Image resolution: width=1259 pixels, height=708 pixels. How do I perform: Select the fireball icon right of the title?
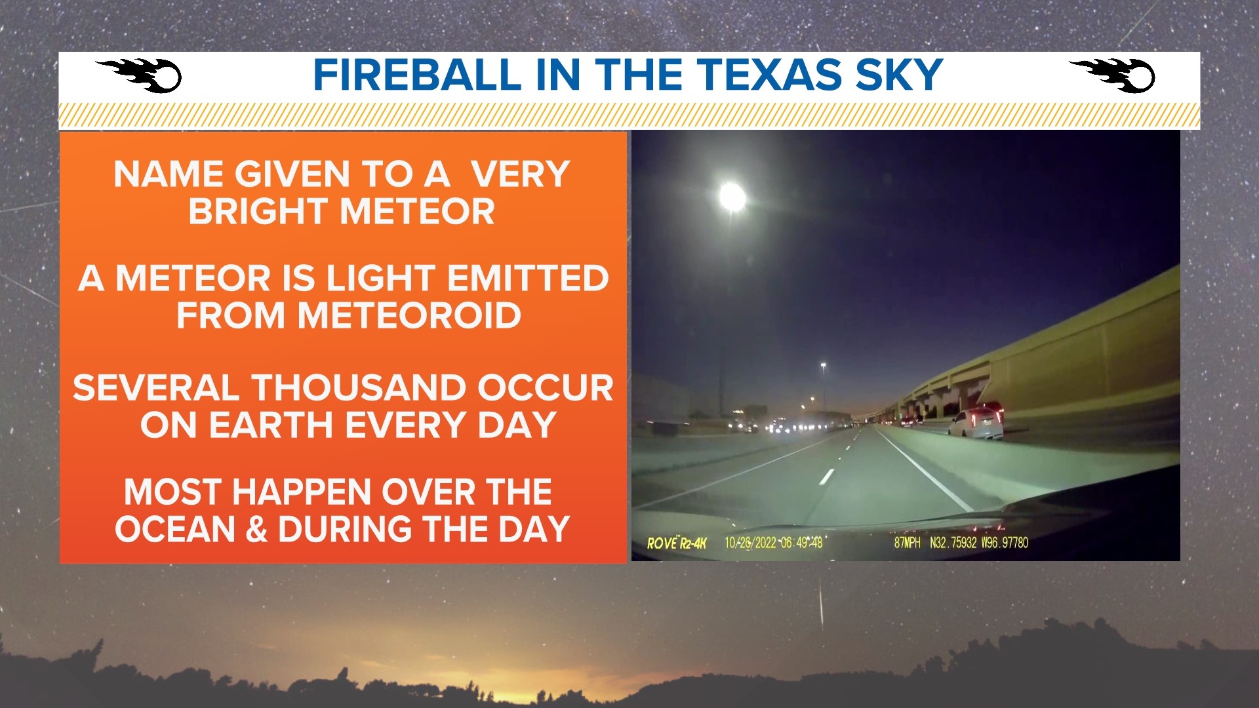click(x=1113, y=75)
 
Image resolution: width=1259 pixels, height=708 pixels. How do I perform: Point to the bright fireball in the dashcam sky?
click(x=732, y=196)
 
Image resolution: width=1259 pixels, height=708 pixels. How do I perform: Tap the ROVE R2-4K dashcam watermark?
click(x=677, y=543)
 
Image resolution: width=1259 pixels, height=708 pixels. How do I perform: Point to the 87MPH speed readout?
click(x=907, y=543)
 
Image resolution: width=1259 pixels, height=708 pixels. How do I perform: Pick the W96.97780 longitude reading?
click(x=1005, y=543)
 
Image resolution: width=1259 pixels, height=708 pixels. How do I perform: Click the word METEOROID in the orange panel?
click(x=409, y=315)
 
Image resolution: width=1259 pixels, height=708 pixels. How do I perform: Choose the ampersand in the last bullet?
click(x=256, y=530)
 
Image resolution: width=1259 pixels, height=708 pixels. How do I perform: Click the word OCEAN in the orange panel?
click(x=175, y=530)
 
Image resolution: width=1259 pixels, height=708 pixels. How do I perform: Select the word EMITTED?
click(x=528, y=278)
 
